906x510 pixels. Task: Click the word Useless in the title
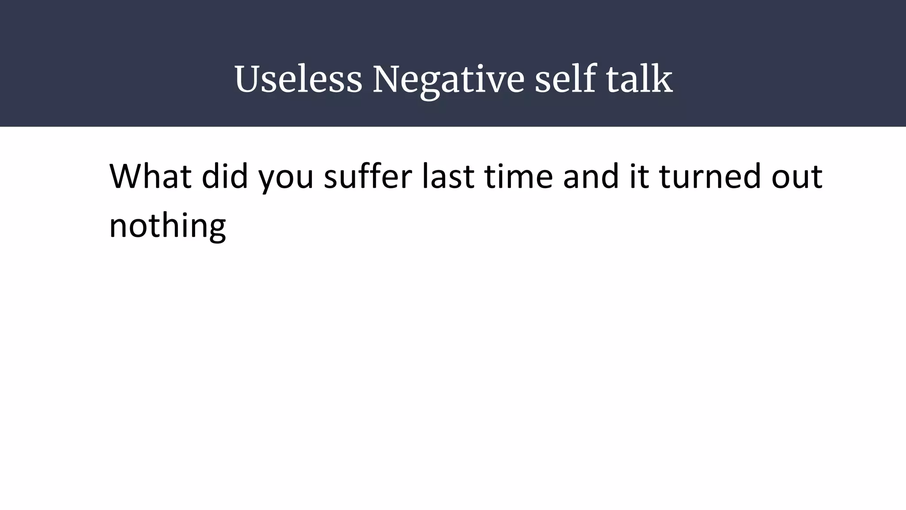click(x=298, y=80)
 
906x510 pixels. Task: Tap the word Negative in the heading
click(x=448, y=80)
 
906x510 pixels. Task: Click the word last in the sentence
click(x=448, y=176)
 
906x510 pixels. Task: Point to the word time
click(x=518, y=176)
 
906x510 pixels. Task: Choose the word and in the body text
click(x=591, y=176)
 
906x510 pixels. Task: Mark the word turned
click(x=710, y=176)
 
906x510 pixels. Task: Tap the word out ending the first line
click(x=797, y=177)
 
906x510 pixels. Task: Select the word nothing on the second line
click(x=167, y=226)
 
